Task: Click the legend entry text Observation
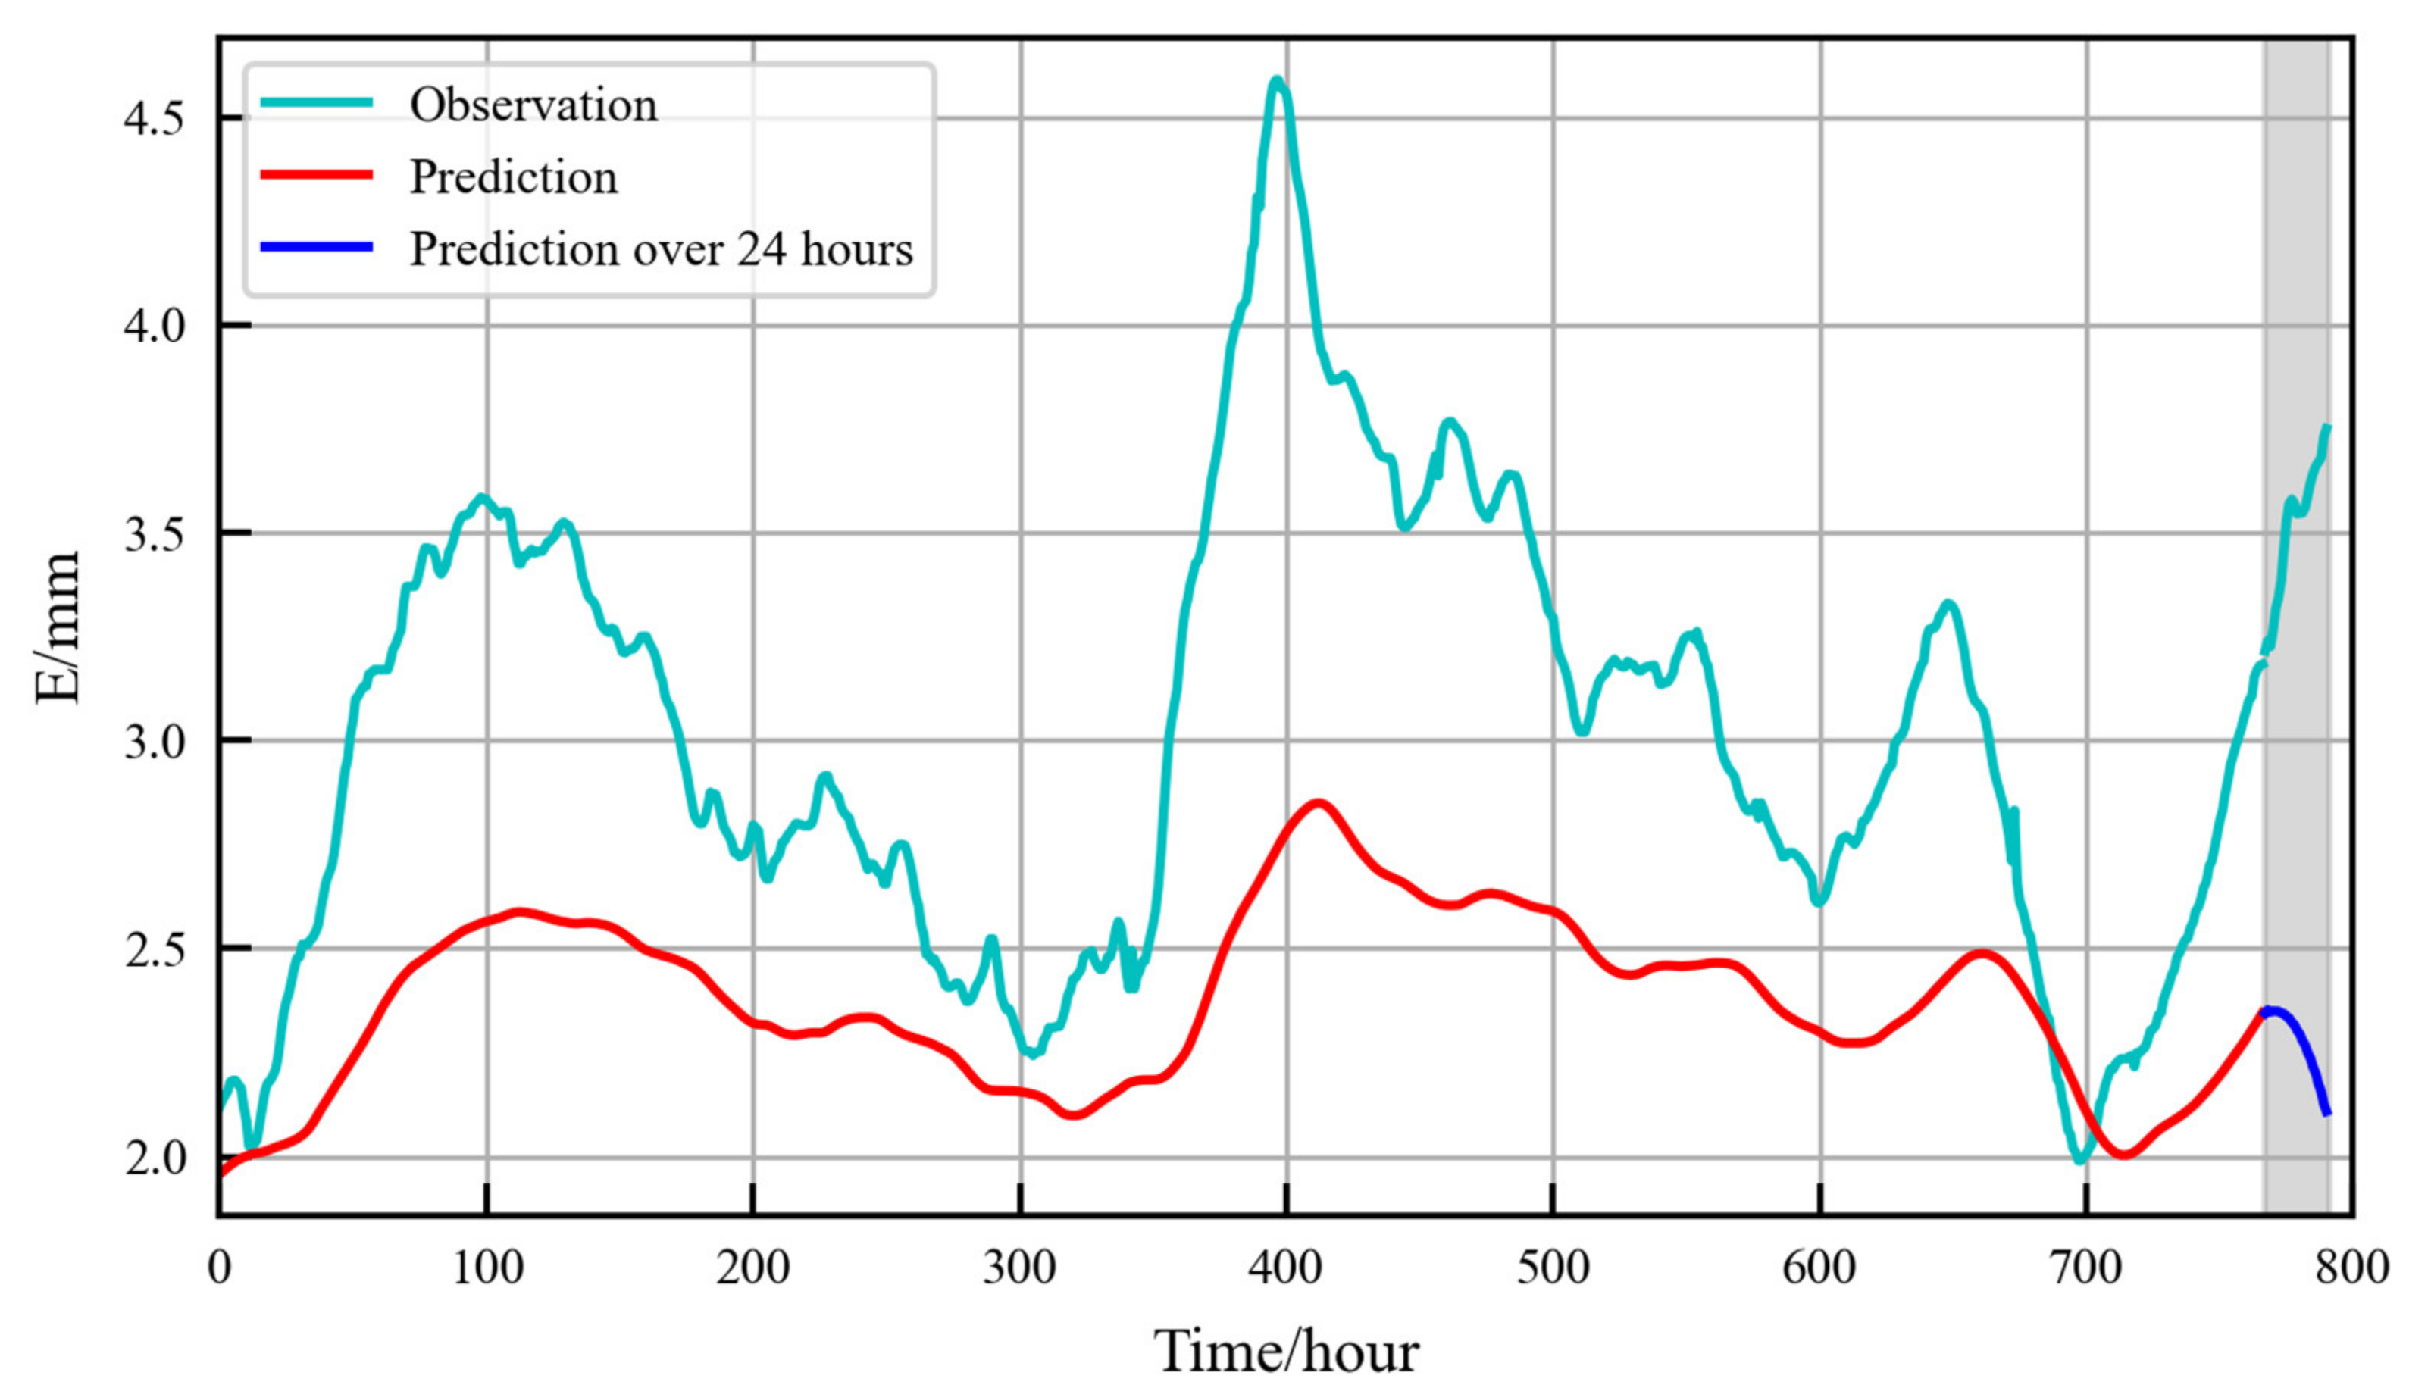pyautogui.click(x=533, y=105)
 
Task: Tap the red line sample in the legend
pyautogui.click(x=315, y=176)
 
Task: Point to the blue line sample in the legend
pyautogui.click(x=315, y=248)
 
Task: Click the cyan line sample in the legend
pyautogui.click(x=315, y=103)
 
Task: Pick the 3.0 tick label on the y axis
pyautogui.click(x=152, y=742)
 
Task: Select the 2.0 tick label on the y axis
pyautogui.click(x=152, y=1158)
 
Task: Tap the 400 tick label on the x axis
pyautogui.click(x=1286, y=1268)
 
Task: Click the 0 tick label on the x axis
pyautogui.click(x=219, y=1268)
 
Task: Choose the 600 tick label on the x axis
pyautogui.click(x=1819, y=1268)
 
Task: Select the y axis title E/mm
pyautogui.click(x=57, y=627)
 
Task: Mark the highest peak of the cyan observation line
pyautogui.click(x=1278, y=81)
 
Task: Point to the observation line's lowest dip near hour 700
pyautogui.click(x=2080, y=1160)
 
